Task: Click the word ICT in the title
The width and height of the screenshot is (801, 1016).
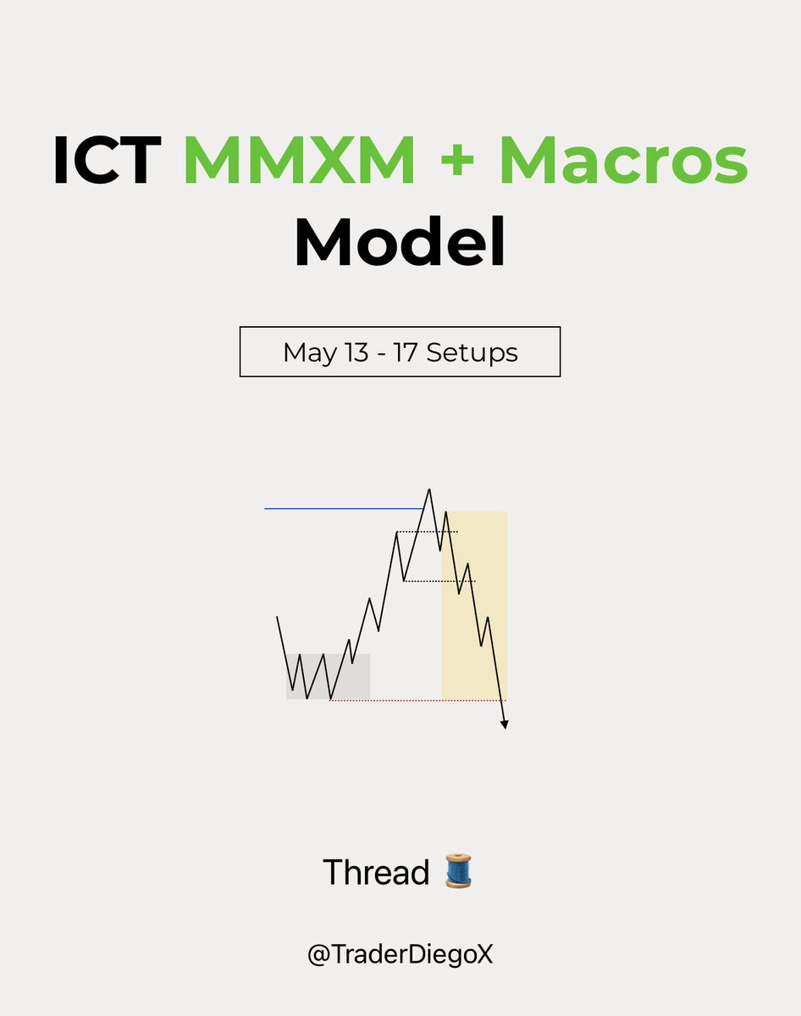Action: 107,161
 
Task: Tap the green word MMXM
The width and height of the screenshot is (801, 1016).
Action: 300,161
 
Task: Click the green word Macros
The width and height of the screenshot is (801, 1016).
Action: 623,161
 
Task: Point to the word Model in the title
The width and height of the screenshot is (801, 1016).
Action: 400,242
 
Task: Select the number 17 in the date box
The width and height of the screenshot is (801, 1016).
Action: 407,352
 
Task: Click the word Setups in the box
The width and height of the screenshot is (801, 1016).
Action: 472,352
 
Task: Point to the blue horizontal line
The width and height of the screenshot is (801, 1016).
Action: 339,508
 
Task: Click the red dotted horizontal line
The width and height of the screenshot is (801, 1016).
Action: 385,700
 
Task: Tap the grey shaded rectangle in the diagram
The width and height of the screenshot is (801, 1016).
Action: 356,677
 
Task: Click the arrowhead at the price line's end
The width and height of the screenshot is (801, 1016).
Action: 505,724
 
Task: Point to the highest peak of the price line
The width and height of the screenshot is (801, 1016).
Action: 429,490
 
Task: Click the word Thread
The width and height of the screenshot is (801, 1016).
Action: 376,872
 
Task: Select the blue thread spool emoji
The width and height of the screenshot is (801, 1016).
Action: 458,872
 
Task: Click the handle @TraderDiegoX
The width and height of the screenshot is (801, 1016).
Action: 400,955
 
